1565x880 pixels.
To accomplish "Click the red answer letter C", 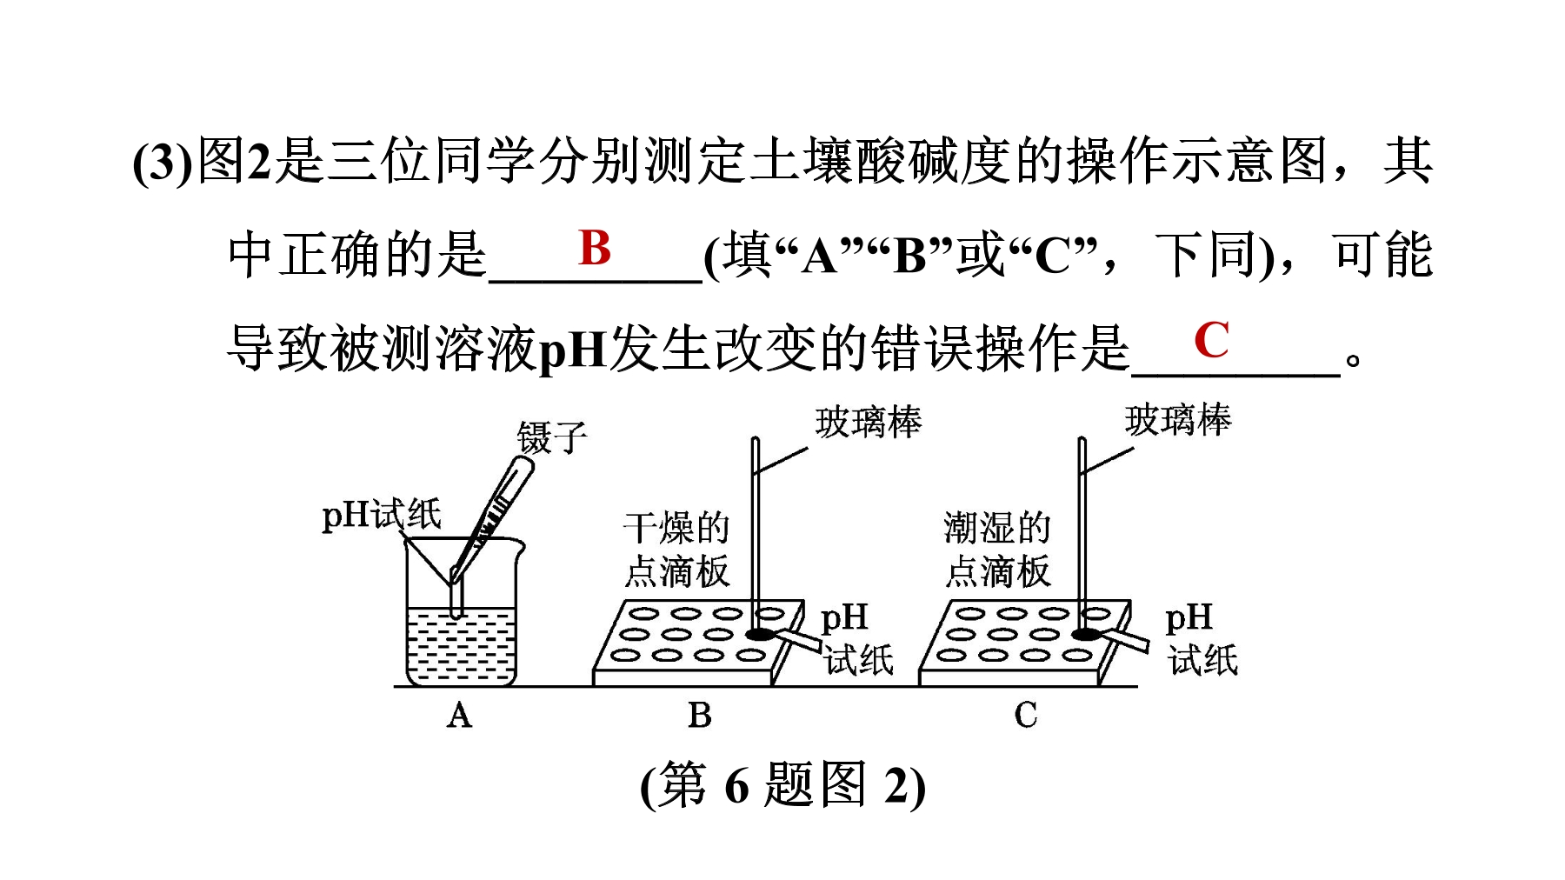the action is pos(1211,339).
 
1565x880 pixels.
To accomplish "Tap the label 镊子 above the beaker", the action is pos(552,437).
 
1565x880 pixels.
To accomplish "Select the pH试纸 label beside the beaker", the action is pos(382,515).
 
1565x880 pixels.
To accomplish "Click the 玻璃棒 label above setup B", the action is pos(869,423).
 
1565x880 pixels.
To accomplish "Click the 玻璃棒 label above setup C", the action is pos(1178,420).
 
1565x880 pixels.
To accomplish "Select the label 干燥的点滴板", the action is pos(676,550).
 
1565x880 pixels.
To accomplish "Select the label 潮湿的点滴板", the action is pos(997,550).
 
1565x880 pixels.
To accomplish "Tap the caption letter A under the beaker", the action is pos(460,716).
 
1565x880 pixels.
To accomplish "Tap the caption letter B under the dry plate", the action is pos(700,716).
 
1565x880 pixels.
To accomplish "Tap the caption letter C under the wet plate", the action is pos(1026,716).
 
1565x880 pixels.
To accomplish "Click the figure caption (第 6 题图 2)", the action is pos(782,785).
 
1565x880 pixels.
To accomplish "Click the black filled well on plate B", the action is pos(760,635).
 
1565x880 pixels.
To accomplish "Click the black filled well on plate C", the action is pos(1086,635).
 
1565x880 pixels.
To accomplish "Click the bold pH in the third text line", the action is pos(572,350).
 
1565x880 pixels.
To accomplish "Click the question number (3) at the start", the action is pos(162,162).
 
